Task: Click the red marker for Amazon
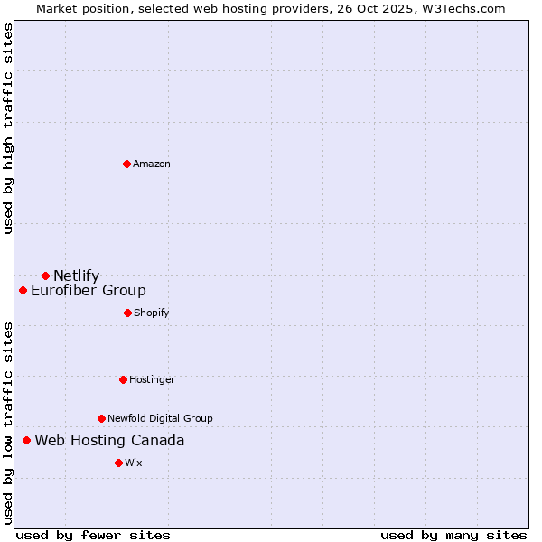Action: pyautogui.click(x=127, y=164)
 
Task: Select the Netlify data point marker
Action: pyautogui.click(x=45, y=276)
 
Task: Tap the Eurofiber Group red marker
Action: pyautogui.click(x=23, y=290)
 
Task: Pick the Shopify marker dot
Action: pyautogui.click(x=127, y=313)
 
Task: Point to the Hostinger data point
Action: pyautogui.click(x=123, y=379)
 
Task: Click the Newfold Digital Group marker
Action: pyautogui.click(x=101, y=418)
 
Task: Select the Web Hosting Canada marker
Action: pyautogui.click(x=27, y=440)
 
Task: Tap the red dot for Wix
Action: pyautogui.click(x=118, y=463)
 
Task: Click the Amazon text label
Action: pyautogui.click(x=152, y=164)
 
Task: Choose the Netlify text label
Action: pyautogui.click(x=76, y=276)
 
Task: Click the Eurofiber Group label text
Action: pyautogui.click(x=89, y=290)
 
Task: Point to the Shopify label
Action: pyautogui.click(x=152, y=313)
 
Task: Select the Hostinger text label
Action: pyautogui.click(x=152, y=379)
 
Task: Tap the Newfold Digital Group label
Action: pyautogui.click(x=160, y=418)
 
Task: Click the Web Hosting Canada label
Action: pyautogui.click(x=109, y=440)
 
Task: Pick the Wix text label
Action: pyautogui.click(x=134, y=463)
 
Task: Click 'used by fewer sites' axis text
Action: pyautogui.click(x=93, y=535)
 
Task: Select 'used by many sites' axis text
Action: pyautogui.click(x=453, y=535)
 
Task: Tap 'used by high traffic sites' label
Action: pyautogui.click(x=8, y=128)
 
